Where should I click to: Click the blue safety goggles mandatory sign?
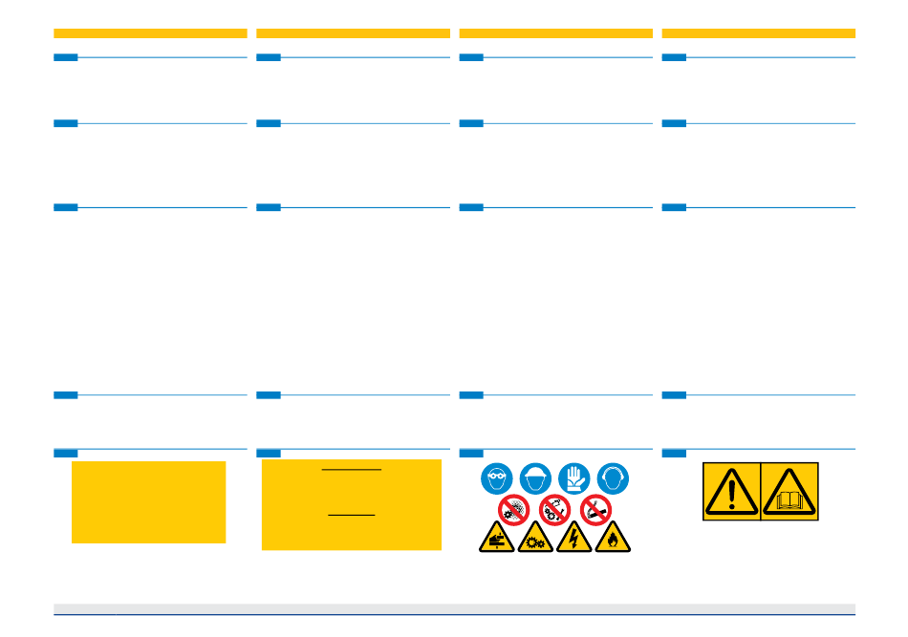pos(496,478)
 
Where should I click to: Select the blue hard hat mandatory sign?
pos(534,478)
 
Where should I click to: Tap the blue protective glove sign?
pos(573,478)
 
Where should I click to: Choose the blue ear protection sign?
pos(613,478)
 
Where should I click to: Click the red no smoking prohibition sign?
pos(595,510)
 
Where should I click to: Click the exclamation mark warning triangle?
pos(731,492)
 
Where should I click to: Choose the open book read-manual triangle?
pos(789,492)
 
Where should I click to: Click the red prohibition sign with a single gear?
pos(513,510)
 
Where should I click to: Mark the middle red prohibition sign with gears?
pos(554,510)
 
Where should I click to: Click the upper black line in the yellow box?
pos(351,470)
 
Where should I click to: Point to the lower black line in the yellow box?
pos(351,516)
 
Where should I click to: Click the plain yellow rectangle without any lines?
pos(148,502)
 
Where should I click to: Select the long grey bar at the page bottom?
pos(454,608)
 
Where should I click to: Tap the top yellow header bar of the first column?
pos(150,33)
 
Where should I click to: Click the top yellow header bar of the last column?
pos(758,33)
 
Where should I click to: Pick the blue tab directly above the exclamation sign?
pos(674,453)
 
